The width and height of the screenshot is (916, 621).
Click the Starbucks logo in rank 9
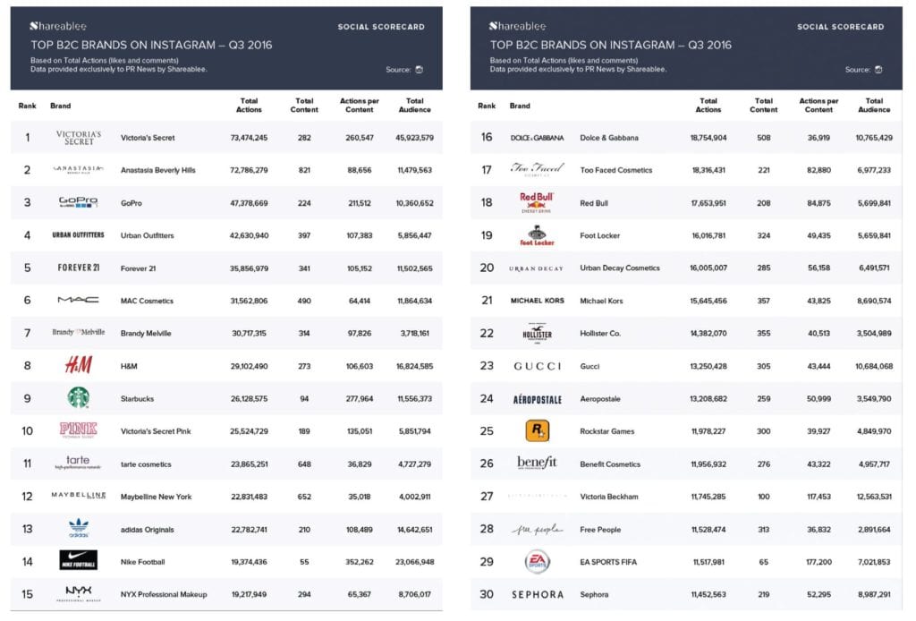click(79, 397)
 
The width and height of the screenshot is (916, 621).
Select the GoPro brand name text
click(132, 203)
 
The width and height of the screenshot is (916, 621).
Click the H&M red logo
click(79, 365)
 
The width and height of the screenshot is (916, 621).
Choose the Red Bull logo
click(537, 203)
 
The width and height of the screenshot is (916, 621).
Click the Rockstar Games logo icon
click(537, 431)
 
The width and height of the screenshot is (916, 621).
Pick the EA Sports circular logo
click(537, 562)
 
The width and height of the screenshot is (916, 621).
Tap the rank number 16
click(487, 138)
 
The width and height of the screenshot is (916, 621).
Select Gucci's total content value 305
click(764, 366)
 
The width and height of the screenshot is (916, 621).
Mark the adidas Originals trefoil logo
click(79, 528)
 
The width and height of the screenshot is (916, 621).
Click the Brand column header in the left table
click(60, 106)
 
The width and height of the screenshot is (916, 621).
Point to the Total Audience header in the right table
click(874, 106)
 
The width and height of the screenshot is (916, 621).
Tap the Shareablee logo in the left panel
click(58, 26)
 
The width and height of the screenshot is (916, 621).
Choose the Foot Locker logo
click(537, 235)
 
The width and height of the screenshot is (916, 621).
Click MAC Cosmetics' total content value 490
click(304, 301)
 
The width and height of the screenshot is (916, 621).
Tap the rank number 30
click(487, 594)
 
